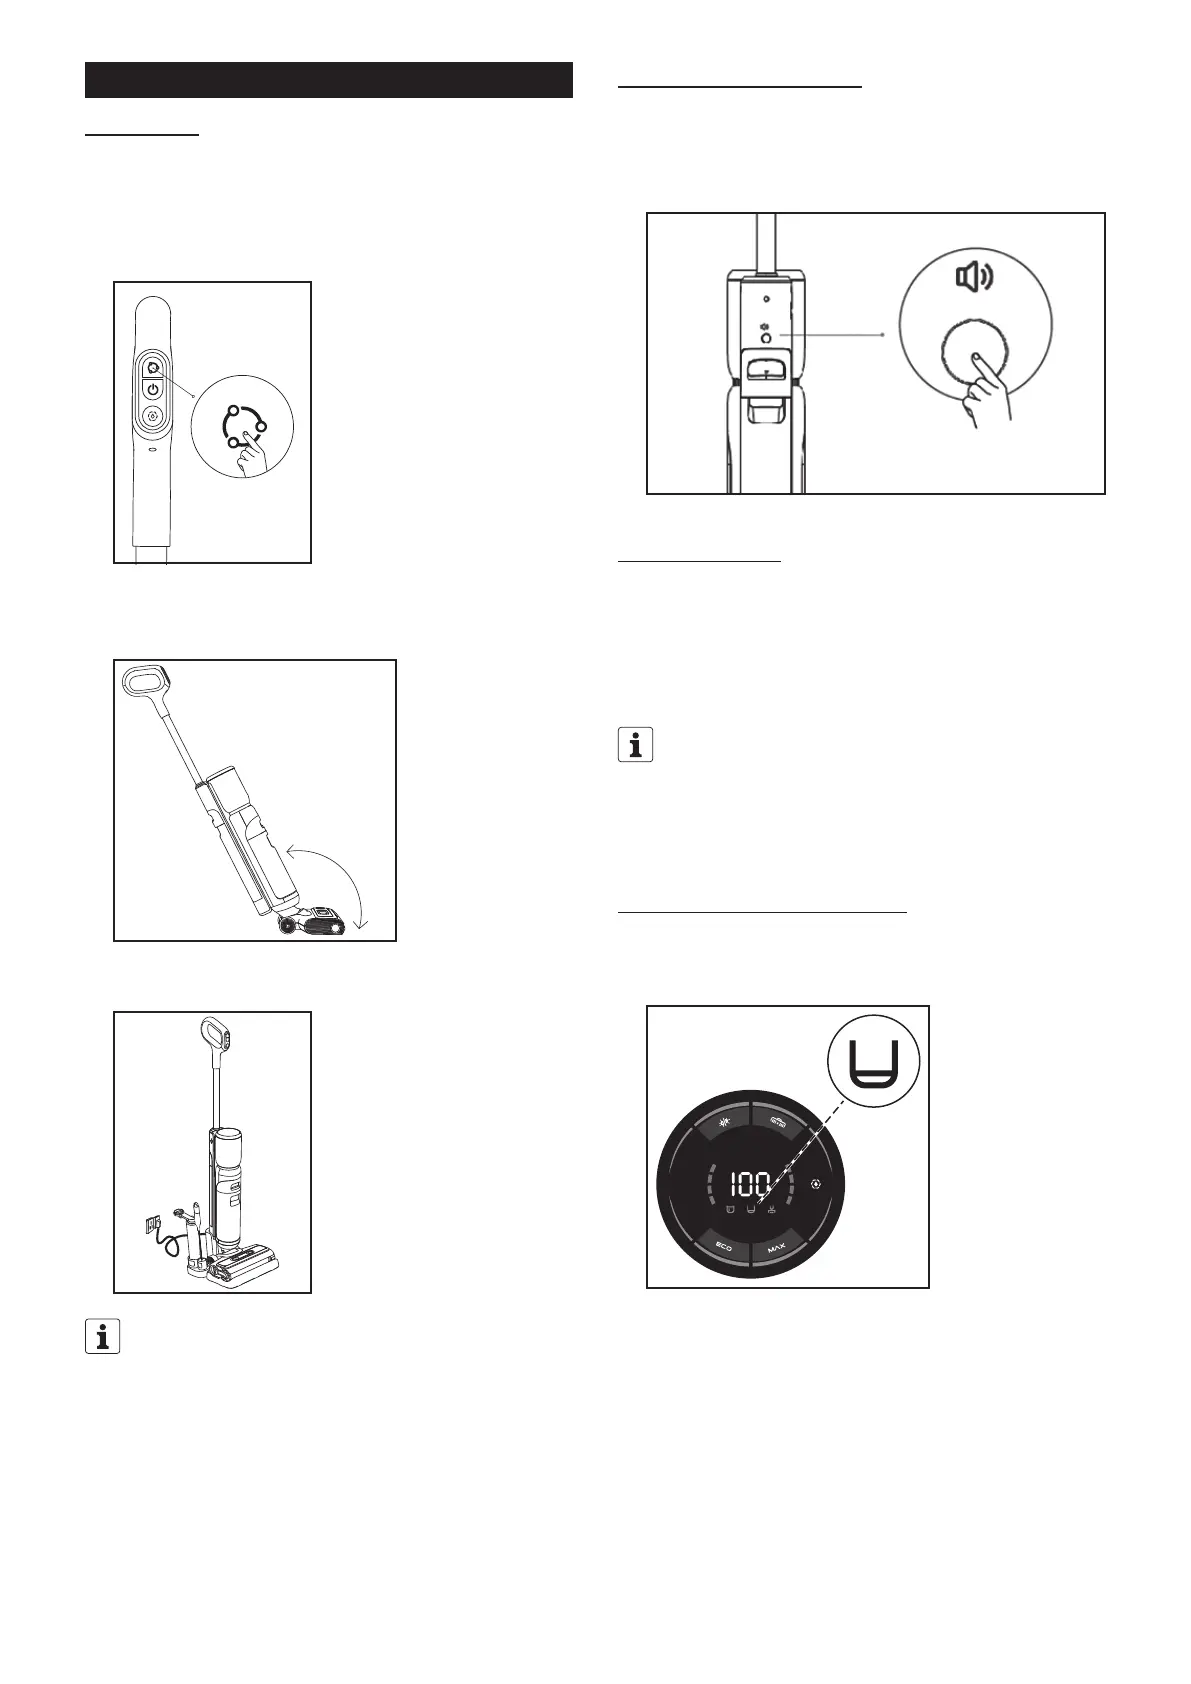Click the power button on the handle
tap(153, 389)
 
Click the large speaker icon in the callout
tap(974, 277)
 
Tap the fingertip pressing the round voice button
tap(977, 356)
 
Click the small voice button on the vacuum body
tap(766, 338)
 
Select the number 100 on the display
tap(749, 1186)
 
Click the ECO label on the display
tap(724, 1248)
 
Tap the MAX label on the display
tap(777, 1248)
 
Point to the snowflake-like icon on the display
tap(724, 1122)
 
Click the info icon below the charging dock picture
tap(102, 1337)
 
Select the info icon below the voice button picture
tap(635, 745)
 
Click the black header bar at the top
tap(329, 80)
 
